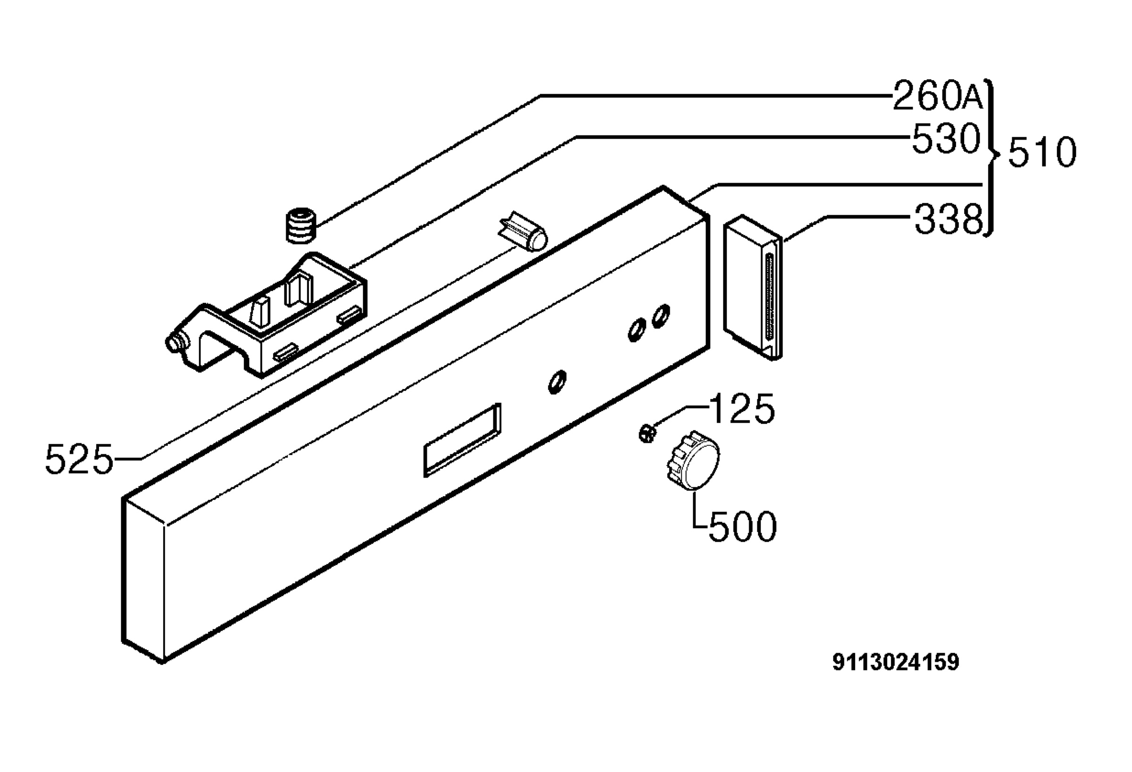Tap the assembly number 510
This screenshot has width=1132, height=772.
point(1042,152)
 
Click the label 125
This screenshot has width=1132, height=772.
point(741,408)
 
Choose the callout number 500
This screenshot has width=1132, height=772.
point(742,526)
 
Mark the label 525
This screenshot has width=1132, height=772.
point(79,459)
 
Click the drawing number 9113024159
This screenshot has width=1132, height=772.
point(896,663)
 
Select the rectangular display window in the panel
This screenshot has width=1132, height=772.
point(462,440)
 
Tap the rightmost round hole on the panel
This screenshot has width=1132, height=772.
point(661,315)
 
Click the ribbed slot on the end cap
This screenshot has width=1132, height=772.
point(770,297)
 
